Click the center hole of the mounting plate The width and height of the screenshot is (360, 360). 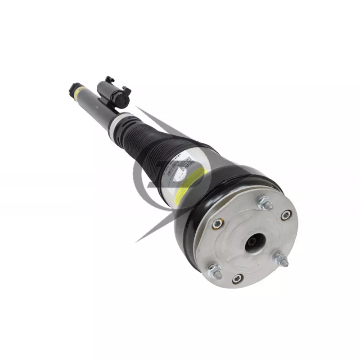click(x=253, y=243)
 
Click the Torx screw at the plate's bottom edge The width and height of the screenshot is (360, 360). click(x=238, y=279)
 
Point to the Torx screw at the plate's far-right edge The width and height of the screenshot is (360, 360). click(x=285, y=215)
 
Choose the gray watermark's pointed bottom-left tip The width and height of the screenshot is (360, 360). click(x=137, y=241)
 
